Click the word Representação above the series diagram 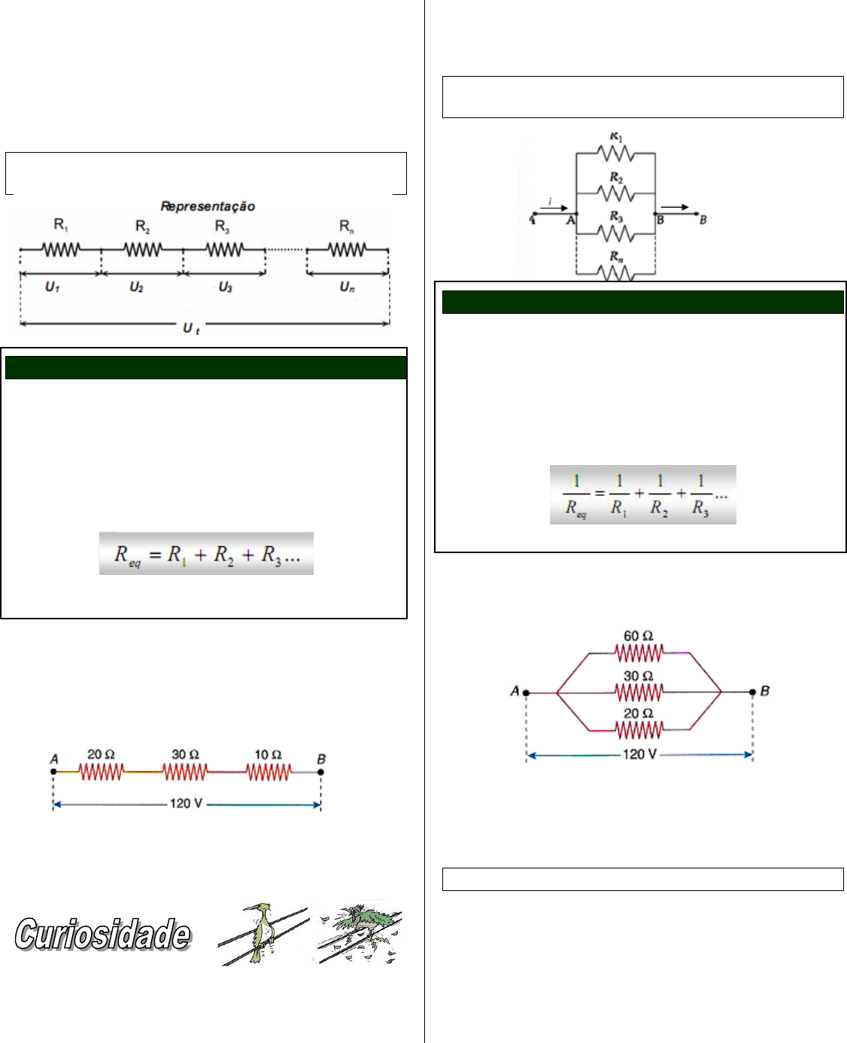pos(208,207)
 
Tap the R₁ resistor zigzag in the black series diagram pos(61,250)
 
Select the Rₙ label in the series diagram pos(347,226)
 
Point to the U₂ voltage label pos(136,287)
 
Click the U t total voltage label pos(191,329)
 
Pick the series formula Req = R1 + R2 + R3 pos(207,554)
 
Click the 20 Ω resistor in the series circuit pos(102,772)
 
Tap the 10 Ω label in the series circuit pos(268,755)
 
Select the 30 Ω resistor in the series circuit pos(186,772)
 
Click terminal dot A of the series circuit pos(53,772)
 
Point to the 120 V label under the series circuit pos(186,804)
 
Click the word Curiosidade pos(103,935)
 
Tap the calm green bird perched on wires pos(260,933)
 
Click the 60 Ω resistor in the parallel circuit pos(639,652)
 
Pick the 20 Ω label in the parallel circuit pos(638,713)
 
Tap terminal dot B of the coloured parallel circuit pos(752,692)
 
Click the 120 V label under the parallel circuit pos(639,755)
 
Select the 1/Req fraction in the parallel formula pos(576,494)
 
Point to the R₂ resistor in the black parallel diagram pos(616,193)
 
